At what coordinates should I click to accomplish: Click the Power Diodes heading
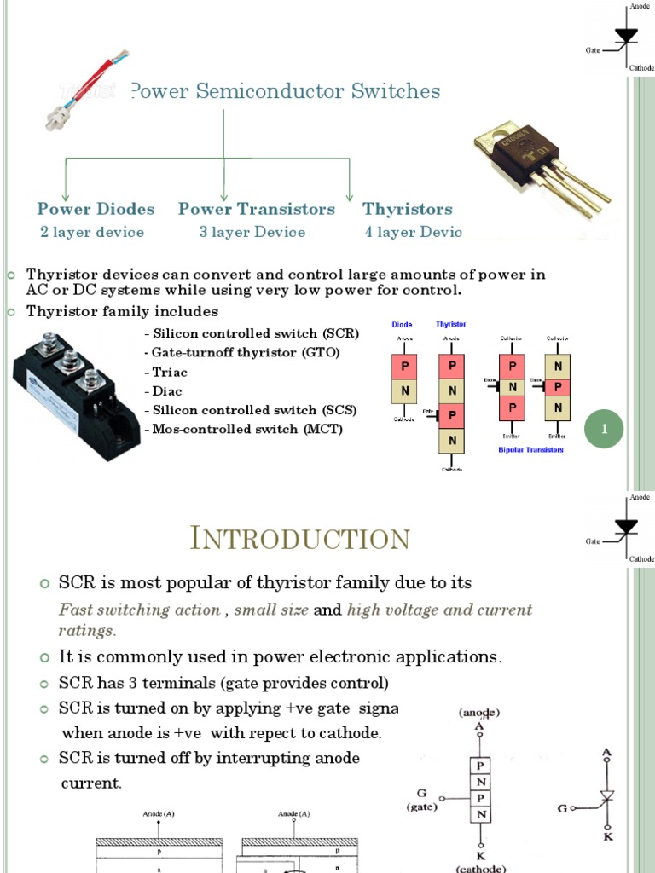coord(96,209)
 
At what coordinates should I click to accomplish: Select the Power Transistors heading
coord(257,209)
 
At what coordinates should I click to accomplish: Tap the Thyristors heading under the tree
coord(407,209)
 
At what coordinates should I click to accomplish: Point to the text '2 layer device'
coord(92,232)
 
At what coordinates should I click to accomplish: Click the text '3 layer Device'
coord(252,232)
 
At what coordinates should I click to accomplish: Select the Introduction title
coord(299,539)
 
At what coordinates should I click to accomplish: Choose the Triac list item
coord(166,373)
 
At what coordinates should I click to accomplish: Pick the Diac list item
coord(165,391)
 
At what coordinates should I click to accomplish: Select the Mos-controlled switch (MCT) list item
coord(244,429)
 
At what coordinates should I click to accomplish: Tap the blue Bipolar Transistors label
coord(530,449)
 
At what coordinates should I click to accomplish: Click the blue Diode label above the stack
coord(402,325)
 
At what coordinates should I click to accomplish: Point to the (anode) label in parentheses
coord(479,712)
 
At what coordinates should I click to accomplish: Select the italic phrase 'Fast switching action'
coord(141,610)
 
